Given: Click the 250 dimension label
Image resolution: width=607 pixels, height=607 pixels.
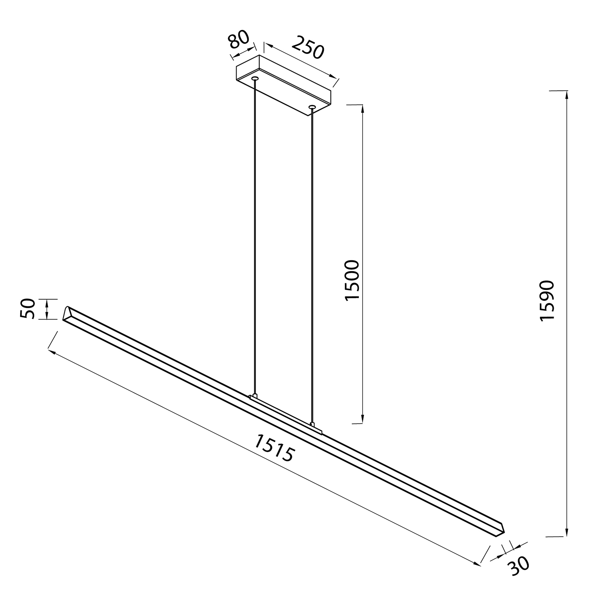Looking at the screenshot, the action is pyautogui.click(x=308, y=48).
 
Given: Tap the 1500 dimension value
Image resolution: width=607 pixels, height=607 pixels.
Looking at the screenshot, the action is pyautogui.click(x=352, y=280).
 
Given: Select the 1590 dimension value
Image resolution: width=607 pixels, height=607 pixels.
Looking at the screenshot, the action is pyautogui.click(x=547, y=300).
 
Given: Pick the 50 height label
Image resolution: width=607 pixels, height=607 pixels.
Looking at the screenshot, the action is pyautogui.click(x=28, y=309).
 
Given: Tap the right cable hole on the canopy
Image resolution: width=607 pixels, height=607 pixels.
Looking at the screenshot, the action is pyautogui.click(x=312, y=107).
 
